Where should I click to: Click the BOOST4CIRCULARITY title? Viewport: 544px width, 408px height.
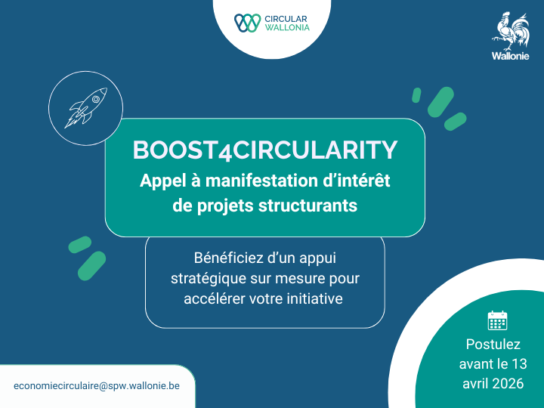coord(264,150)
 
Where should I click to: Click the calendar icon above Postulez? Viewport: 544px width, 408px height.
coord(497,320)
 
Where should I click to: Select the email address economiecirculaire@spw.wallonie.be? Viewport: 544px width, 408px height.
coord(97,385)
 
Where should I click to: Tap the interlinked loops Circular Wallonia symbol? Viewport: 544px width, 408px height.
coord(247,23)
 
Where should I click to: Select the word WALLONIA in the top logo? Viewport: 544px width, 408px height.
coord(287,28)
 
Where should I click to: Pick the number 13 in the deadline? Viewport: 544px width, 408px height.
coord(519,363)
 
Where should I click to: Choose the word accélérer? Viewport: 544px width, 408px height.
coord(215,298)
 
